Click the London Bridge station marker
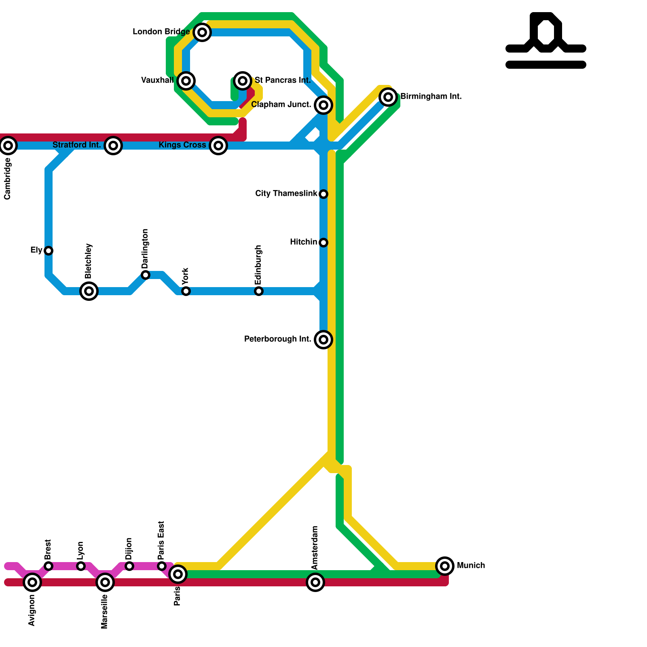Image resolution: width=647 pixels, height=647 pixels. pyautogui.click(x=202, y=32)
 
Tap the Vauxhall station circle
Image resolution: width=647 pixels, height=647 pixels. pyautogui.click(x=186, y=81)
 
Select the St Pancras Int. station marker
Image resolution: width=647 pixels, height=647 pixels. pyautogui.click(x=243, y=81)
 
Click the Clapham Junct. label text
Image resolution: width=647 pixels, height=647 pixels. pyautogui.click(x=281, y=105)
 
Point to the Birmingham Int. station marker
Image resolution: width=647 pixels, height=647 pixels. pyautogui.click(x=388, y=97)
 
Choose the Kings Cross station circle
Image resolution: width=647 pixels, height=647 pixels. pyautogui.click(x=218, y=146)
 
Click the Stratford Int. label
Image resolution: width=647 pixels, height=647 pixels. pyautogui.click(x=76, y=145)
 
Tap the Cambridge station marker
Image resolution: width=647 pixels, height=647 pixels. pyautogui.click(x=8, y=146)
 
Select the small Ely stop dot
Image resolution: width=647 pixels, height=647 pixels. pyautogui.click(x=49, y=251)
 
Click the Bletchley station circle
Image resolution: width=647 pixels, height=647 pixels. pyautogui.click(x=89, y=291)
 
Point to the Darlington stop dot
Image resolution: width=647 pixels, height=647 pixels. pyautogui.click(x=146, y=275)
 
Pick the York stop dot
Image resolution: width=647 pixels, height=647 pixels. pyautogui.click(x=186, y=291)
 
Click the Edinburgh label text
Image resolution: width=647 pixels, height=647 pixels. pyautogui.click(x=258, y=265)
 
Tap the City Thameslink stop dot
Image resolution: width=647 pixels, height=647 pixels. pyautogui.click(x=323, y=194)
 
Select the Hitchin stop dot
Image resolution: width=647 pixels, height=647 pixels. pyautogui.click(x=323, y=243)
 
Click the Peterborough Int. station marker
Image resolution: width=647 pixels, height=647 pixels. pyautogui.click(x=323, y=340)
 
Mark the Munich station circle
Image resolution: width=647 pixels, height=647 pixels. pyautogui.click(x=445, y=566)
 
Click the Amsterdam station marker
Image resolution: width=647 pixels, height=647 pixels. pyautogui.click(x=315, y=582)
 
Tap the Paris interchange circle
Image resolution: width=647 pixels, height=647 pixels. pyautogui.click(x=178, y=574)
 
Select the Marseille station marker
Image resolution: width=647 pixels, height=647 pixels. pyautogui.click(x=105, y=582)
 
